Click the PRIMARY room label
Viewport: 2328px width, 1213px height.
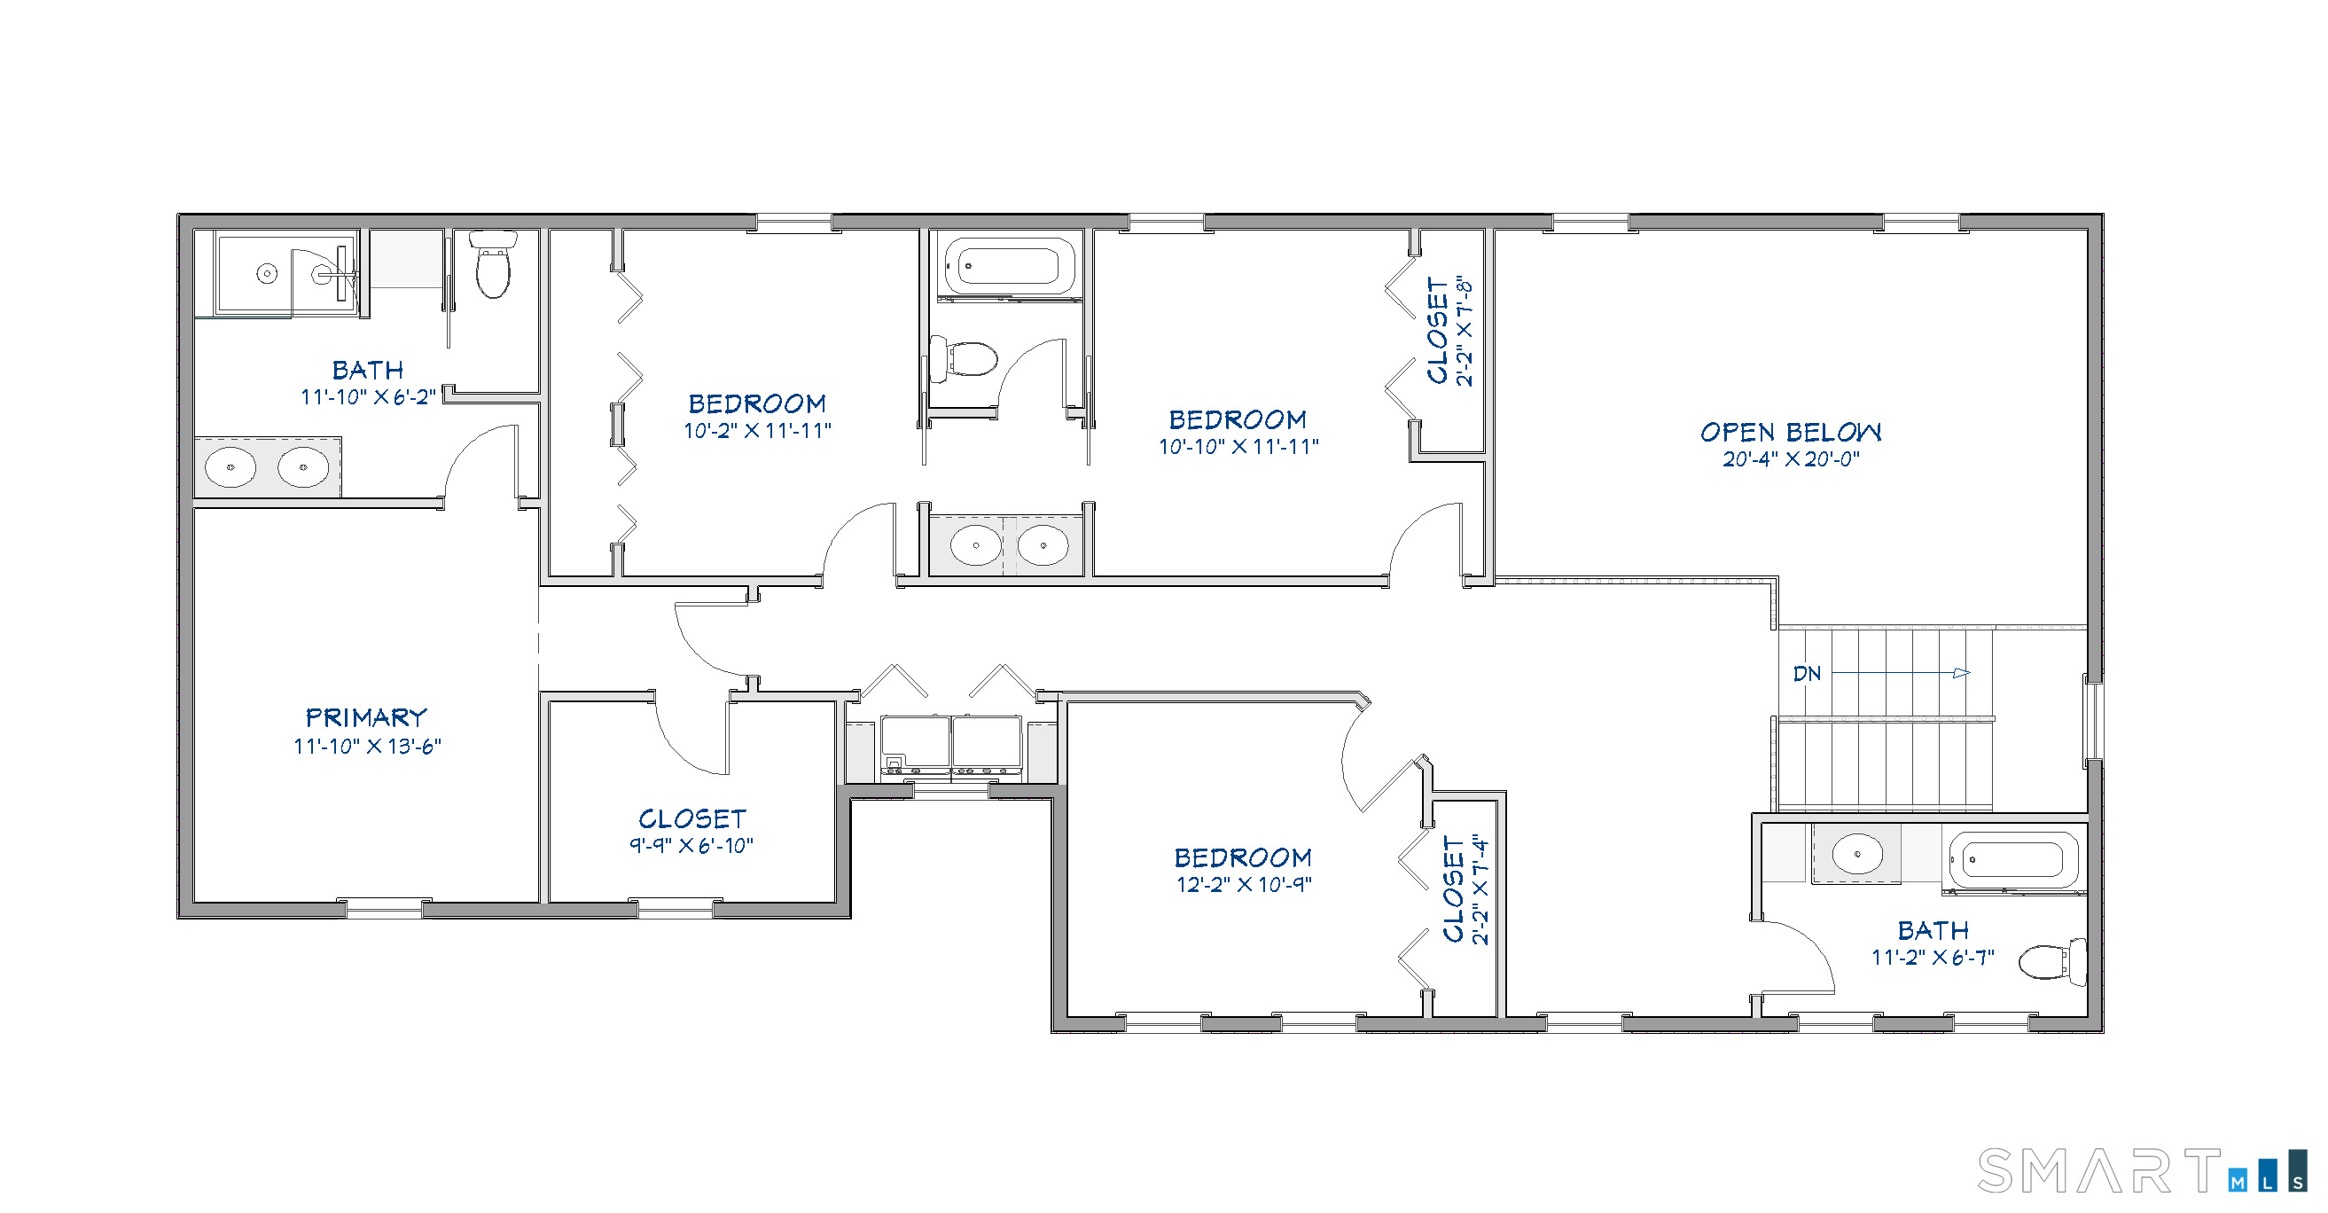[x=366, y=717]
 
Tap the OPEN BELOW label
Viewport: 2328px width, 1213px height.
[x=1790, y=432]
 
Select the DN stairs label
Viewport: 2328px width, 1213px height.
[x=1807, y=673]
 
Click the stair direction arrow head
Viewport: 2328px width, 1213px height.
[x=1962, y=673]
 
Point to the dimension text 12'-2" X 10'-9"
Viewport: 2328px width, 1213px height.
[x=1244, y=885]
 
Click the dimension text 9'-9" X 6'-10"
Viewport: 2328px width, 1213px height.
[x=691, y=846]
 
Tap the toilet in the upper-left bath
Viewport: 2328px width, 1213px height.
[x=494, y=264]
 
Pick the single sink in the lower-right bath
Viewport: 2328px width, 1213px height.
[x=1857, y=853]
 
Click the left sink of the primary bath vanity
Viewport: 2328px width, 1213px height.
[x=230, y=467]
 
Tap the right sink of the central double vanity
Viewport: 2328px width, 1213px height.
[x=1043, y=546]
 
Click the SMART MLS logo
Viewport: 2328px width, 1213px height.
[x=2142, y=1171]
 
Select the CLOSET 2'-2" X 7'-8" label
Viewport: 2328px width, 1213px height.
[x=1449, y=331]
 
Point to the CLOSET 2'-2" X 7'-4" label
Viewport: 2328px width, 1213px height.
[x=1465, y=889]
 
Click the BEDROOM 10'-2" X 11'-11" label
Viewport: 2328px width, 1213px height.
[x=757, y=404]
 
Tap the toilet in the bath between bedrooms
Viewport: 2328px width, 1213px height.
[x=965, y=358]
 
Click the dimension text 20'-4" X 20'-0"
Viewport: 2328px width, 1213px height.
[x=1790, y=459]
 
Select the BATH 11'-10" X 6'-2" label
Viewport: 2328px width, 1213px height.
[x=368, y=371]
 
